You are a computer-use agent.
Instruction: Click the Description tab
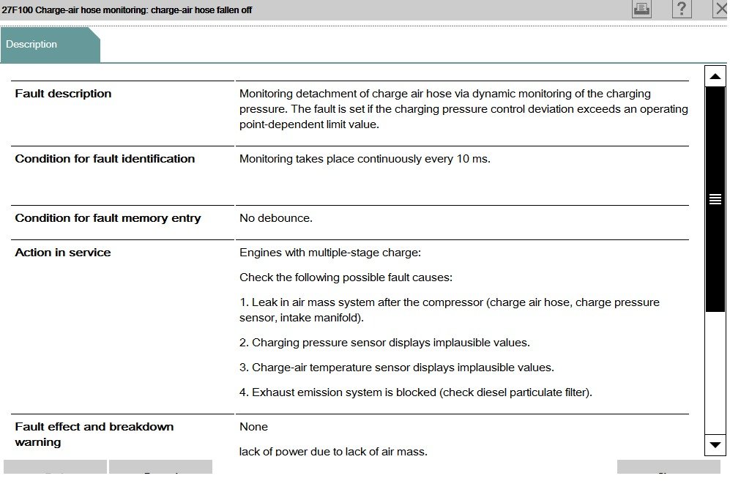click(32, 45)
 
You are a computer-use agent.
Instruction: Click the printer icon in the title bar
click(641, 10)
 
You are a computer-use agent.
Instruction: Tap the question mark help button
click(681, 10)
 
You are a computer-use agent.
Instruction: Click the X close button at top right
click(720, 10)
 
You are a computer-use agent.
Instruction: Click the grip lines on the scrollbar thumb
click(715, 199)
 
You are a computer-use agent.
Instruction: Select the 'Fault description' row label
click(63, 94)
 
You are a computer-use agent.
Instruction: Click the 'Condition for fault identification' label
click(105, 159)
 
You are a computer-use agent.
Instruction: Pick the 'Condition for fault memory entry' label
click(108, 218)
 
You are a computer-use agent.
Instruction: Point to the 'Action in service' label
click(63, 253)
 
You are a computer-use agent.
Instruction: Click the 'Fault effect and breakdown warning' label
click(94, 434)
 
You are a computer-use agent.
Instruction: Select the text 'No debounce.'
click(276, 218)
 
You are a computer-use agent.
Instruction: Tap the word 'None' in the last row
click(253, 427)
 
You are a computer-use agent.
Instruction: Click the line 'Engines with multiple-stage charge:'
click(330, 253)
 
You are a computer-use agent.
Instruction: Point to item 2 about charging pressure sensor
click(384, 343)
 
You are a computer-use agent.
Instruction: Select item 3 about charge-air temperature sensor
click(396, 368)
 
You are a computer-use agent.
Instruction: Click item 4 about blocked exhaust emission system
click(415, 392)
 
